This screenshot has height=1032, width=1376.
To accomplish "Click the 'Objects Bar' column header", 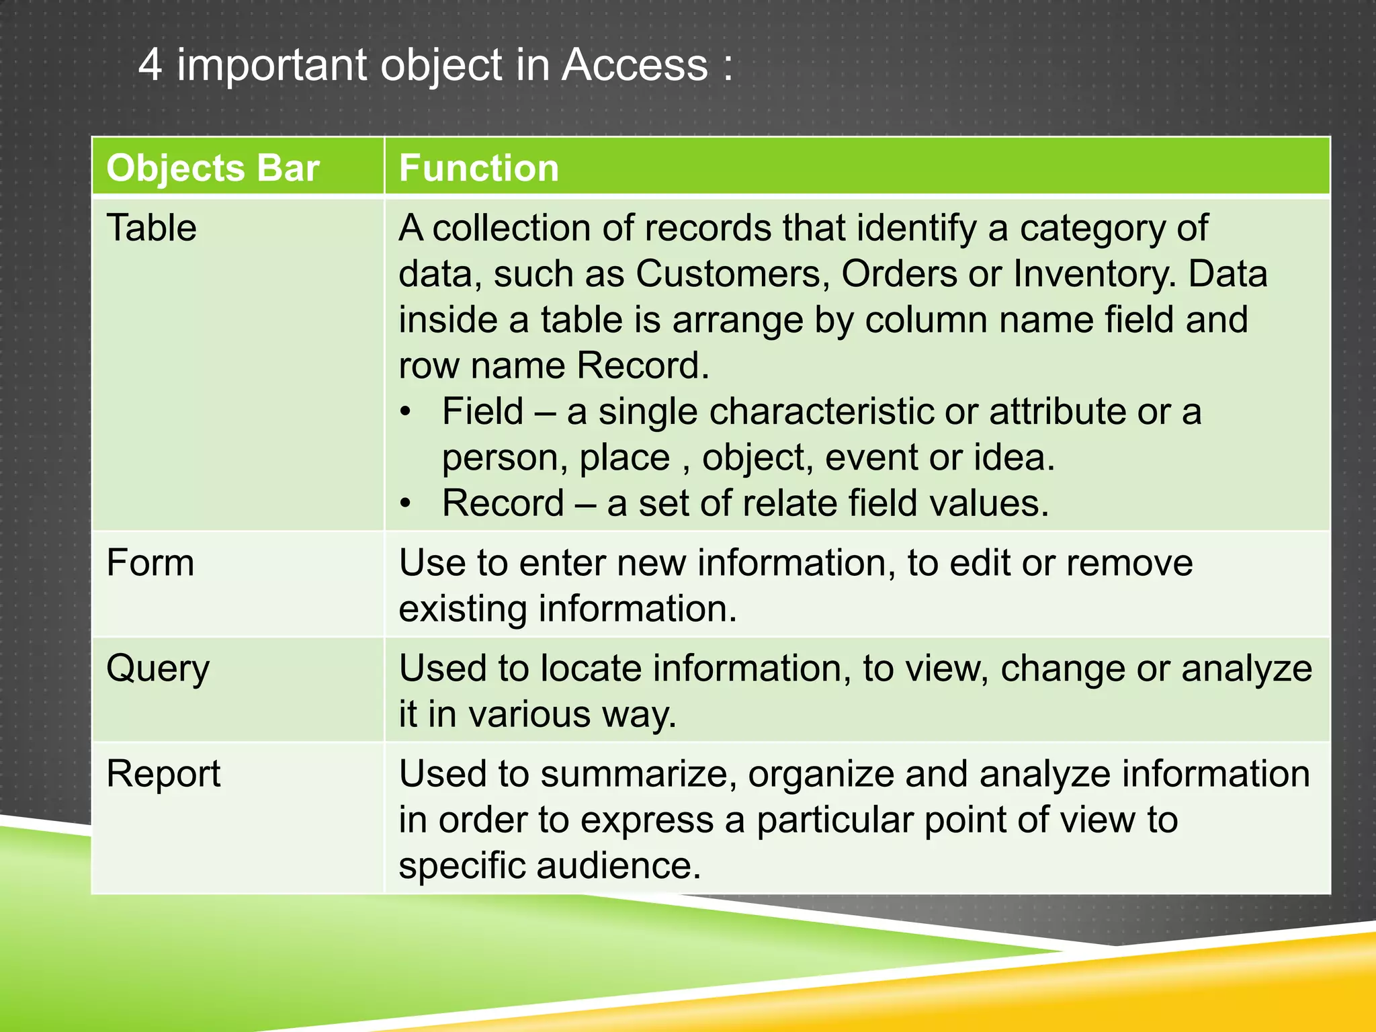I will click(x=212, y=168).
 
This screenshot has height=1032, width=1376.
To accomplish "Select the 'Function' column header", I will click(x=478, y=168).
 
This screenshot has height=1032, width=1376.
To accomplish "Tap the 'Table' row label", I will click(x=152, y=228).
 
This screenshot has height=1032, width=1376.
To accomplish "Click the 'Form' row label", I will click(x=150, y=562).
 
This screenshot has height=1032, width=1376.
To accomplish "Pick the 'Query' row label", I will click(x=158, y=669).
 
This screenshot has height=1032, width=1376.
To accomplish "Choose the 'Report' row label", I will click(x=163, y=774).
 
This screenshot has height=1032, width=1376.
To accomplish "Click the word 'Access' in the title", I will click(x=635, y=65).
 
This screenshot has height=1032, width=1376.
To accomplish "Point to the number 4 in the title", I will click(x=150, y=65).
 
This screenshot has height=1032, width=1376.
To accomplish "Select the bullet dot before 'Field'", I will click(x=404, y=411).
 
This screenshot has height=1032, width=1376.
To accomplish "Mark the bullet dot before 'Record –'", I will click(x=404, y=503).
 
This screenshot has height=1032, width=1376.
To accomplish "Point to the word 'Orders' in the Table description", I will click(x=899, y=274).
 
